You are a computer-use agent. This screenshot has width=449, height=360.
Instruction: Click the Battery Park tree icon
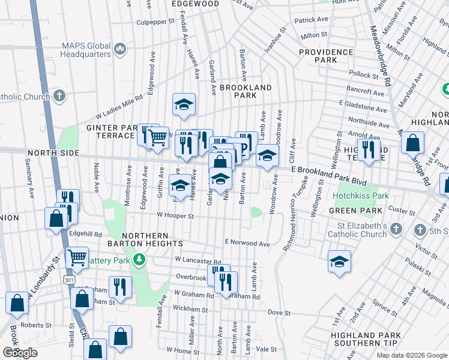140,259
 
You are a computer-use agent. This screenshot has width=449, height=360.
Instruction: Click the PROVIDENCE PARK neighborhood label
326,56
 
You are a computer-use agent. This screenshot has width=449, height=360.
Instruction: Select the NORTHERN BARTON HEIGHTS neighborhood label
152,239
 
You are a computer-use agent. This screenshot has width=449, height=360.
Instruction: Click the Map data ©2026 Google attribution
411,355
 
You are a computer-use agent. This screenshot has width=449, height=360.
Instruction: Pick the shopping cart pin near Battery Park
76,258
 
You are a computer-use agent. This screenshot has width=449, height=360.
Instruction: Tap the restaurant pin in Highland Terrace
368,148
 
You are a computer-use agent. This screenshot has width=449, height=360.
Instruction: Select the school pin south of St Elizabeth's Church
339,262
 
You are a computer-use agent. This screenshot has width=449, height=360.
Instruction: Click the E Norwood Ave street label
247,243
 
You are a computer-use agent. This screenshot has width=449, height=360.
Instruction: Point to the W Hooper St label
176,215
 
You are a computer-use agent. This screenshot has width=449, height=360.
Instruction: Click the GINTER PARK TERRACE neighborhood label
114,131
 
